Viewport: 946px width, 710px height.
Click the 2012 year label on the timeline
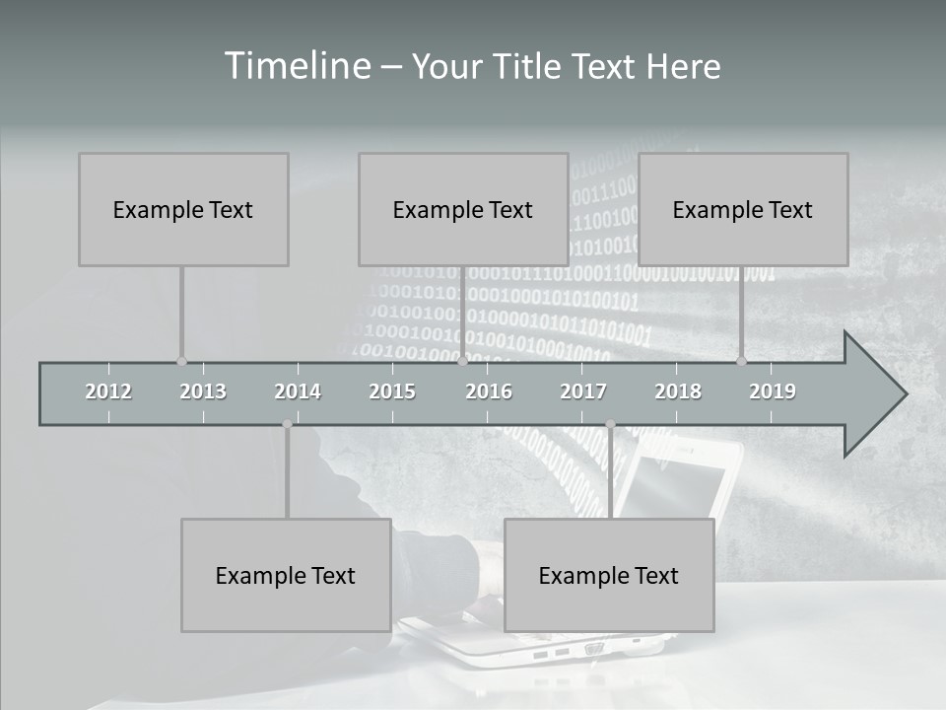coord(108,391)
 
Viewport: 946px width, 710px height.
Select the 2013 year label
coord(203,391)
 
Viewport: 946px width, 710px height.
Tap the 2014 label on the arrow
coord(298,391)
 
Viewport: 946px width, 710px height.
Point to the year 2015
coord(392,391)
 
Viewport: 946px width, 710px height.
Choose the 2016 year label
coord(489,391)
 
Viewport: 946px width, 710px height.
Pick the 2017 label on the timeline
coord(583,391)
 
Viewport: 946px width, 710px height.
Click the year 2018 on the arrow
coord(678,391)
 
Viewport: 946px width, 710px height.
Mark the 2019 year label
coord(773,391)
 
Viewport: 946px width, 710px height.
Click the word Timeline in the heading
coord(296,66)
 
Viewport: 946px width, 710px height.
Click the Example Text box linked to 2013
coord(183,209)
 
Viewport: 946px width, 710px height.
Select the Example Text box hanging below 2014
coord(286,575)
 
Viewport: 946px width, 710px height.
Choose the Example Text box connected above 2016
coord(463,209)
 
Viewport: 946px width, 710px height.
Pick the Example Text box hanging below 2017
coord(609,575)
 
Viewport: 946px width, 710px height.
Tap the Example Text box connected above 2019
coord(743,209)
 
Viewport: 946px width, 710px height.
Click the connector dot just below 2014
coord(287,424)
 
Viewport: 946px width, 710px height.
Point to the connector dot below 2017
coord(610,424)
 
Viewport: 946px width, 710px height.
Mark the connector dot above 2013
coord(181,361)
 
